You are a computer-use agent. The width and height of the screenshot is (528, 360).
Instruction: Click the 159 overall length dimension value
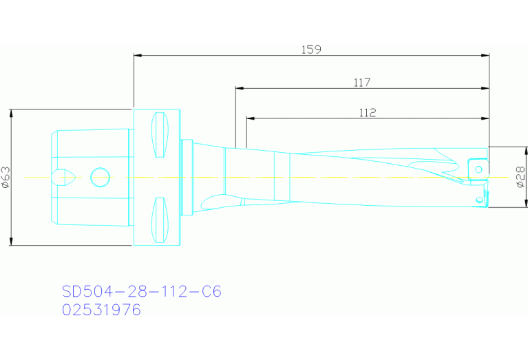[311, 50]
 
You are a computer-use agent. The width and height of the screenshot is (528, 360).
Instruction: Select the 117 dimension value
[362, 83]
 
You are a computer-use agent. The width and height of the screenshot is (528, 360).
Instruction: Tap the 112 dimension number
[368, 113]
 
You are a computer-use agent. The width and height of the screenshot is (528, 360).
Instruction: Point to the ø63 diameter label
[6, 177]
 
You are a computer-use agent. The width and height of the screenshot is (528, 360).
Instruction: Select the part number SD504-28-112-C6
[142, 292]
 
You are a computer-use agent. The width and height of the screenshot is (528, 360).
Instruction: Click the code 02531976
[101, 310]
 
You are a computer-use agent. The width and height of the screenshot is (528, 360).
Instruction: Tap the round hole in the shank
[101, 177]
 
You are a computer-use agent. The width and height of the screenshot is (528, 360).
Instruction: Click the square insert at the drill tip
[476, 168]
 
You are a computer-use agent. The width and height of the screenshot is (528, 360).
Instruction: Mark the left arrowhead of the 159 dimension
[137, 55]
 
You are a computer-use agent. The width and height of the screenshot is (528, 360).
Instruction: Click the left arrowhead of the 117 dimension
[239, 88]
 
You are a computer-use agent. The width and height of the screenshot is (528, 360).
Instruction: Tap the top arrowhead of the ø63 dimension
[12, 112]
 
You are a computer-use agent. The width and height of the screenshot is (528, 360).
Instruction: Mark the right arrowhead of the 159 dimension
[485, 55]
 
